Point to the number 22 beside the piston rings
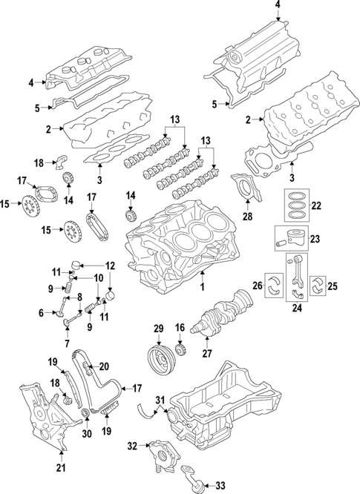(x=315, y=206)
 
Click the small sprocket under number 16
(x=180, y=349)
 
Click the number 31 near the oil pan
(x=160, y=402)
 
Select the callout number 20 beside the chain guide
(x=104, y=365)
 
